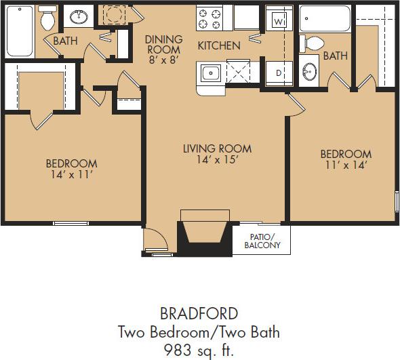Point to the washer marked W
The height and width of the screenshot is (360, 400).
pyautogui.click(x=277, y=20)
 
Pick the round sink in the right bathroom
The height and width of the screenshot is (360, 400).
pyautogui.click(x=309, y=71)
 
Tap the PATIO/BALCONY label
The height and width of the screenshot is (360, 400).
pyautogui.click(x=262, y=241)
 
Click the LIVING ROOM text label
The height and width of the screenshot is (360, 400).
pyautogui.click(x=217, y=149)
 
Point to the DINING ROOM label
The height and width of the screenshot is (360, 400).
pyautogui.click(x=163, y=45)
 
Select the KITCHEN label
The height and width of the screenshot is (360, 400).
pyautogui.click(x=219, y=46)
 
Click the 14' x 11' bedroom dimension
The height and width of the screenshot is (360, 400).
pyautogui.click(x=71, y=175)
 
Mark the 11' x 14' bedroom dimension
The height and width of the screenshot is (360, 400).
pyautogui.click(x=346, y=165)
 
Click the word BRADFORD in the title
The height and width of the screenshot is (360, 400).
pyautogui.click(x=199, y=313)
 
